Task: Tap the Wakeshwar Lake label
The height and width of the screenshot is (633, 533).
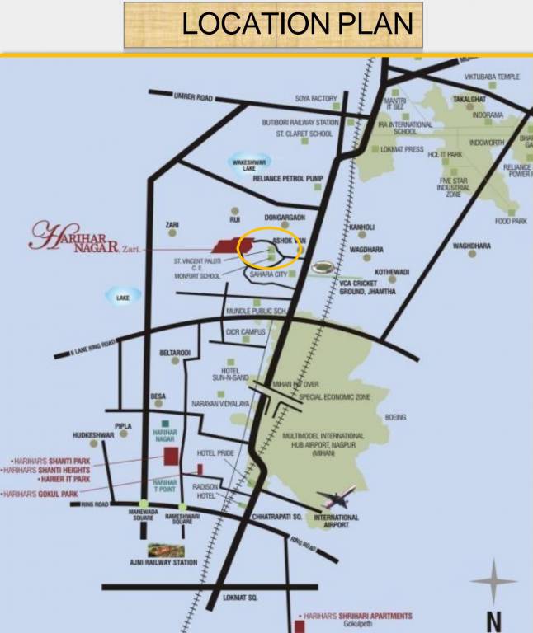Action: click(x=249, y=165)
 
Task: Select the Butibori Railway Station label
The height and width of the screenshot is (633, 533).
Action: click(x=300, y=122)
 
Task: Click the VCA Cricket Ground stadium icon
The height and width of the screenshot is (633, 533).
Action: click(x=323, y=269)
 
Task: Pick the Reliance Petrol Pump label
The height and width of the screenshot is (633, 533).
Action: click(x=288, y=178)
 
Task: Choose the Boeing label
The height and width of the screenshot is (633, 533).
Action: click(x=395, y=418)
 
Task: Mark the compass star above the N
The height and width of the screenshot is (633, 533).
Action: click(x=493, y=582)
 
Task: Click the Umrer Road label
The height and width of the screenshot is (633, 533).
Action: click(x=193, y=97)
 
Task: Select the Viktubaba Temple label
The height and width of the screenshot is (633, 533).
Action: click(x=492, y=77)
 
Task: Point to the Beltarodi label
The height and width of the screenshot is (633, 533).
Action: click(x=175, y=353)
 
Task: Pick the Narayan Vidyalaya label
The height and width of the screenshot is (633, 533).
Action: click(x=220, y=403)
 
